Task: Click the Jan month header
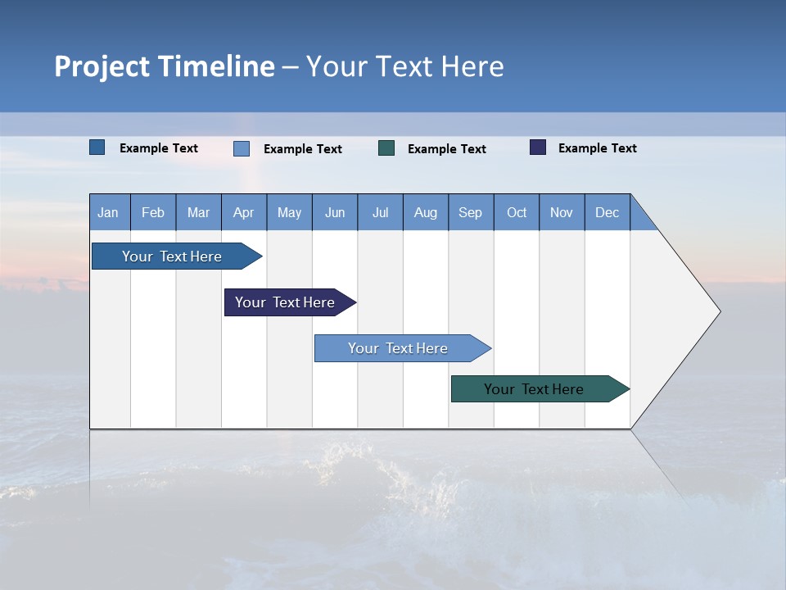click(x=109, y=212)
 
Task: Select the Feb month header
click(x=153, y=212)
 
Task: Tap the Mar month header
click(x=198, y=212)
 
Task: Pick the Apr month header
click(x=244, y=212)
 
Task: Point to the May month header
click(x=289, y=212)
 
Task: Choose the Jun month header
click(x=335, y=212)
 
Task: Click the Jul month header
click(x=380, y=212)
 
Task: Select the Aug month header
click(x=426, y=212)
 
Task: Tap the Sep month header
click(x=471, y=212)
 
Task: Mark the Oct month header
click(x=517, y=212)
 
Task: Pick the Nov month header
click(x=562, y=212)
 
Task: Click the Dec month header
click(x=608, y=212)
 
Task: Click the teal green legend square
click(x=386, y=148)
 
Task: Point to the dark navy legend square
click(x=538, y=147)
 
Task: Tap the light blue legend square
click(x=242, y=148)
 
